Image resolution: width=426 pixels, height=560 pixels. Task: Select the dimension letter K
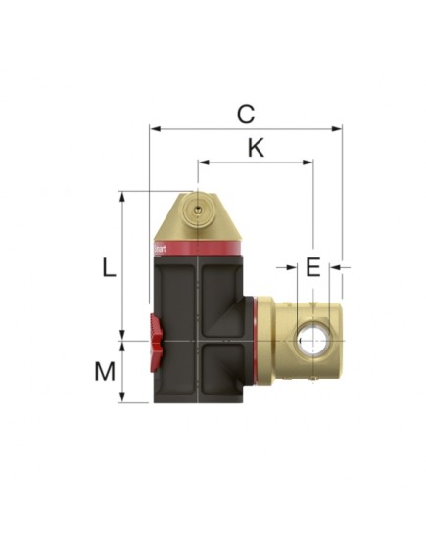(256, 148)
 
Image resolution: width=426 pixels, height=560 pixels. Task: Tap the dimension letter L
(109, 267)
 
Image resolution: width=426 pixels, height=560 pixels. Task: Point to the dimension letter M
(106, 371)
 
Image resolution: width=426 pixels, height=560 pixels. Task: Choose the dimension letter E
(312, 266)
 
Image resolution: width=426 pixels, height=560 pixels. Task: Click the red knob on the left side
(154, 342)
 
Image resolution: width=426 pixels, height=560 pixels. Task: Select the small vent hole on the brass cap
(198, 210)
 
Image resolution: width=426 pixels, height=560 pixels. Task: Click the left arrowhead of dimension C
(154, 127)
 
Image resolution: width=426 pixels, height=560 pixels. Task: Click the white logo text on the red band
(162, 248)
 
